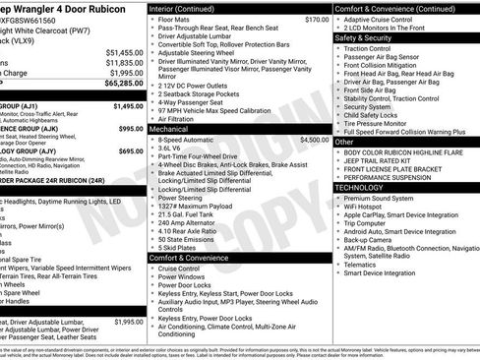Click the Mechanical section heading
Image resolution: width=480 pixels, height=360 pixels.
click(x=169, y=128)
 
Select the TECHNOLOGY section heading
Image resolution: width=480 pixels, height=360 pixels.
click(x=359, y=186)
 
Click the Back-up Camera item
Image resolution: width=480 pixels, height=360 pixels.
click(x=372, y=239)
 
